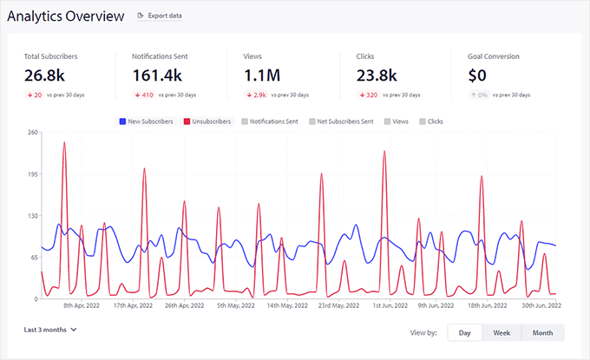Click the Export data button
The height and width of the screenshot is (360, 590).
(161, 16)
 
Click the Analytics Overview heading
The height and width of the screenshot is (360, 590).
(66, 16)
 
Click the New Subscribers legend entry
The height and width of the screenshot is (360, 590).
(147, 121)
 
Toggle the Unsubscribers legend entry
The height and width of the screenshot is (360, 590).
(207, 121)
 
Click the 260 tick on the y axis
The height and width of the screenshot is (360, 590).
(32, 132)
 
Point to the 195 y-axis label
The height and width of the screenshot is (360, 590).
(32, 173)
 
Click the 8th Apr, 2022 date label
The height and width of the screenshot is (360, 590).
(83, 305)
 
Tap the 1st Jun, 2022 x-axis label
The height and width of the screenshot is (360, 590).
(391, 305)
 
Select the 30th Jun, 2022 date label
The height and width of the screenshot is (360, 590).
(541, 305)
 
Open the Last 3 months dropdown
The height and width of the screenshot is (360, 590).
(50, 330)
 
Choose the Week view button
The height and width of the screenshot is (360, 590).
(501, 332)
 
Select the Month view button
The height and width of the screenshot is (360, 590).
(542, 332)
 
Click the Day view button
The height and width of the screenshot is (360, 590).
(464, 332)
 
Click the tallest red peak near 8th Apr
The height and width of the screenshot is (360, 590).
(64, 143)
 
